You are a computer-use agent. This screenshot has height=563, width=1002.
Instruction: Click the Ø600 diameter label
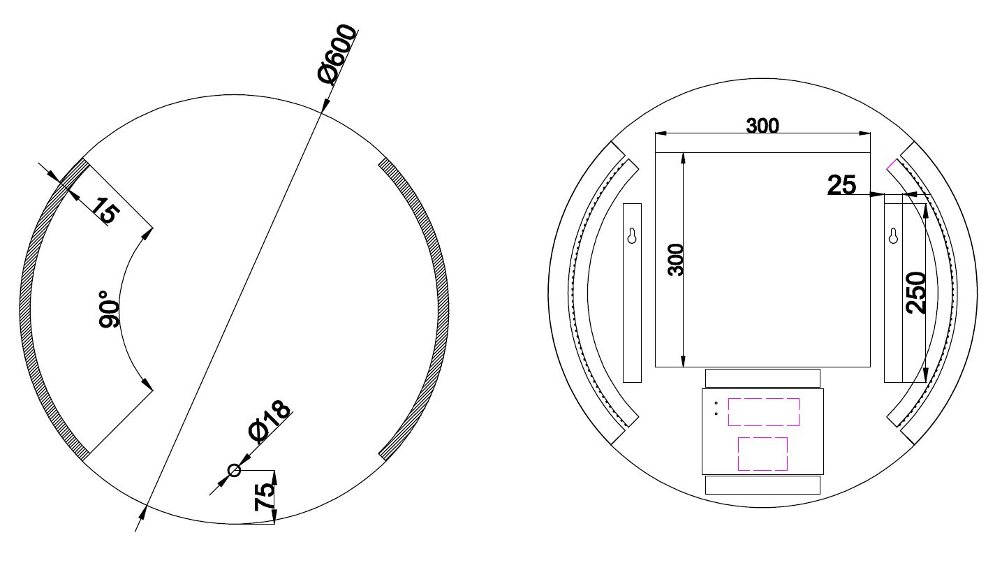coord(337,54)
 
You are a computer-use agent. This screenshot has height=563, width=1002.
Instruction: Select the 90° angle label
coord(109,309)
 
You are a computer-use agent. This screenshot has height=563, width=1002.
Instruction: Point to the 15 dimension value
coord(106,210)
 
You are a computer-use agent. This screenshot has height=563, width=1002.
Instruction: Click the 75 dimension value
coord(263,497)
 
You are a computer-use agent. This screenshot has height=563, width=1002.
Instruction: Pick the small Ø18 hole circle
coord(234,470)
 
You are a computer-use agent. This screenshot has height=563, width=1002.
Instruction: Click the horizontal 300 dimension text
coord(762,126)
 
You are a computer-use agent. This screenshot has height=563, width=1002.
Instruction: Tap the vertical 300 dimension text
coord(675,260)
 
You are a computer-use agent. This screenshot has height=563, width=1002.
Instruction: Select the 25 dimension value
coord(841,185)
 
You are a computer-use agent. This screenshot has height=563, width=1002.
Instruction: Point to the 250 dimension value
coord(915,293)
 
